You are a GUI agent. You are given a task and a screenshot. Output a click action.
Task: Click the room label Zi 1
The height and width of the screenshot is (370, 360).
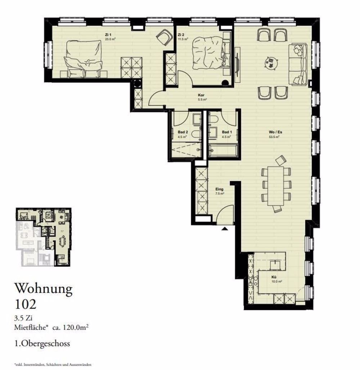pos(107,35)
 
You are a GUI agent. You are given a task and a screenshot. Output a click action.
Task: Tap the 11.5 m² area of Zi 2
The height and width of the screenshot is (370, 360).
pos(183,39)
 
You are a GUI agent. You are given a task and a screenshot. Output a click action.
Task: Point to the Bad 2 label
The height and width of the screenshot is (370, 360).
pos(182,132)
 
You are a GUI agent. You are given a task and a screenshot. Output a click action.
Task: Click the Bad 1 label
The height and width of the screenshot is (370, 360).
pos(227,132)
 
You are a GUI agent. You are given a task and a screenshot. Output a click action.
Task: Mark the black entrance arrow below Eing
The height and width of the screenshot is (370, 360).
pos(225,228)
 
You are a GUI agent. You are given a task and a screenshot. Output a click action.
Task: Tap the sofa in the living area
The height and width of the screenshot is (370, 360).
pos(298,64)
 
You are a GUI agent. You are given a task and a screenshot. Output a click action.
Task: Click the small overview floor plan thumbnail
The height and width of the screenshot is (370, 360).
pos(43,237)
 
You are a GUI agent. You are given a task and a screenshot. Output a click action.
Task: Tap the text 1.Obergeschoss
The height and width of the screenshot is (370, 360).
pos(42,343)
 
